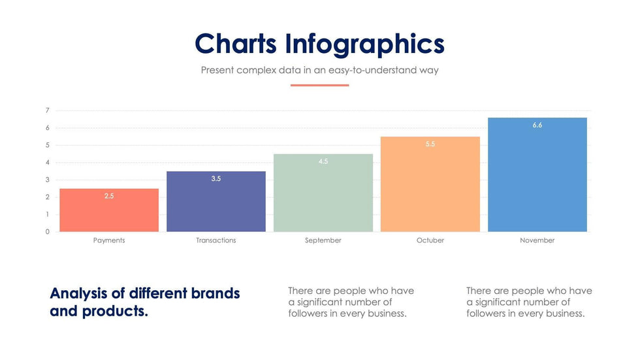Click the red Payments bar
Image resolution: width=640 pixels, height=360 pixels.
tap(109, 210)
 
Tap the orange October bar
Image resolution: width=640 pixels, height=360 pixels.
tap(430, 184)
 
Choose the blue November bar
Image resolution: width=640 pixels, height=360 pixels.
tap(537, 174)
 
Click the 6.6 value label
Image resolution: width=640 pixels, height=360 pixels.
tap(537, 125)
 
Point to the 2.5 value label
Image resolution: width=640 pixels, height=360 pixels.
tap(109, 196)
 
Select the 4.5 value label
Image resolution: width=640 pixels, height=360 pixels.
tap(323, 161)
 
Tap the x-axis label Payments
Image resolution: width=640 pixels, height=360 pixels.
tap(109, 240)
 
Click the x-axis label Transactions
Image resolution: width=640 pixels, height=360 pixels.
tap(216, 240)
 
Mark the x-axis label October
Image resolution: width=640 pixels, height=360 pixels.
tap(430, 240)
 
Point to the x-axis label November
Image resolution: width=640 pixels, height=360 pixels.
tap(537, 240)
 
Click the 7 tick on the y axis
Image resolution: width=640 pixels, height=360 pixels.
tap(48, 110)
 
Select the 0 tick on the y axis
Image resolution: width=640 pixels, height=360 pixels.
tap(48, 232)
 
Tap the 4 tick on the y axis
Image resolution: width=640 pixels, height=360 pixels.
tap(48, 163)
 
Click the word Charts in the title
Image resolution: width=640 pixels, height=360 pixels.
tap(236, 44)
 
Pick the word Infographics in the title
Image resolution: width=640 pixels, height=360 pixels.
tap(364, 44)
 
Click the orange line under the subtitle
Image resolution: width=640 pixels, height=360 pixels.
tap(320, 85)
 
